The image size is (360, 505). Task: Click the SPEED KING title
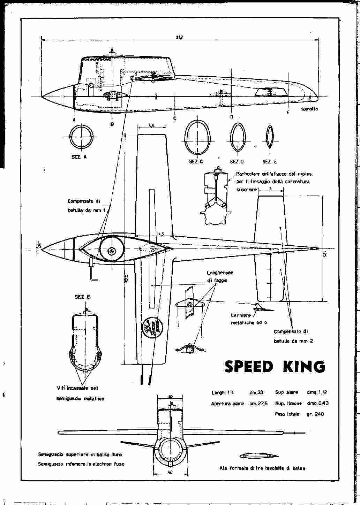(275, 366)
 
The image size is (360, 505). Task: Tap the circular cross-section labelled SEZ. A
(81, 137)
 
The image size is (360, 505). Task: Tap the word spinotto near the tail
(309, 109)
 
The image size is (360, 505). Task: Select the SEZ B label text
(82, 297)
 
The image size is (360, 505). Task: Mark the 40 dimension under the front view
(170, 473)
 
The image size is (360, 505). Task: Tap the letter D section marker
(231, 117)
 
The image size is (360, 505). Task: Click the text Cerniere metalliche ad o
(248, 319)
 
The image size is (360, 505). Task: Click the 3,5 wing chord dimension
(151, 126)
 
